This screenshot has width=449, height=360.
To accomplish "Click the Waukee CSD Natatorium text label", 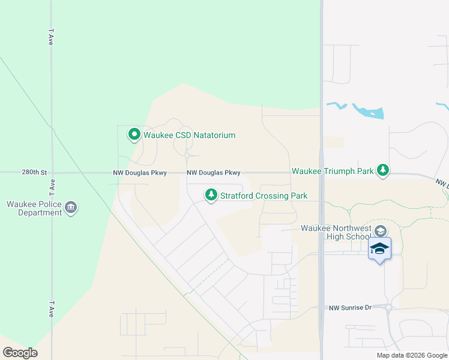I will pos(189,135).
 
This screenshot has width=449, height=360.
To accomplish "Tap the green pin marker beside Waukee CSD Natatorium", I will pos(134,134).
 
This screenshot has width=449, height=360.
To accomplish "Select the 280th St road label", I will pos(34,172).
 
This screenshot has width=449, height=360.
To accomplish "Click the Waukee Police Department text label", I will pos(34,208).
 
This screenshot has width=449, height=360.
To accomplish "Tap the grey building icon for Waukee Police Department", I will pos(71,208).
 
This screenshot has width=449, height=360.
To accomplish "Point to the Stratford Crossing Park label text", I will pos(264,196).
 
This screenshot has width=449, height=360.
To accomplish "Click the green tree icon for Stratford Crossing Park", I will pos(211,195).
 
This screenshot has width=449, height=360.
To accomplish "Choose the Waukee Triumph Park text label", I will pos(332,171).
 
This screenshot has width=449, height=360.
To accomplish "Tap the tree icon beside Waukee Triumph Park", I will pos(383,171).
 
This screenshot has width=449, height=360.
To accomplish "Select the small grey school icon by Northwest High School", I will pos(379,231).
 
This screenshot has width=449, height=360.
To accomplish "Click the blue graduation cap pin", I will pos(379,248).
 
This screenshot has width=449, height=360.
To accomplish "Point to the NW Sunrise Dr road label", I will pos(351,308).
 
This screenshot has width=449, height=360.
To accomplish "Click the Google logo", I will pos(20,353).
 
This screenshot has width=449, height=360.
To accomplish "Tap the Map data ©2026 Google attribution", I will pos(411,355).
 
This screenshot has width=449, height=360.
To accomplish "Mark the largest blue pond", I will pos(369,112).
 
